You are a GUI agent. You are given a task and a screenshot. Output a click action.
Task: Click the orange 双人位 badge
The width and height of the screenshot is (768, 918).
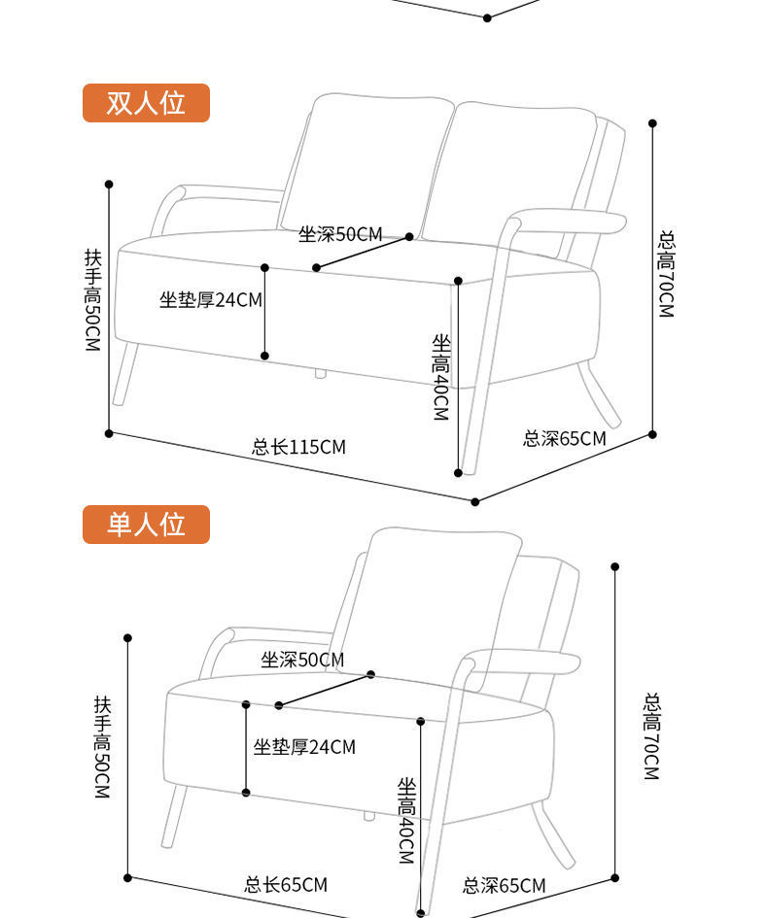pos(146,102)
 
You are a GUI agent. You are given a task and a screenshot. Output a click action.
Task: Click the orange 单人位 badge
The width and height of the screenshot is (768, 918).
pos(146,525)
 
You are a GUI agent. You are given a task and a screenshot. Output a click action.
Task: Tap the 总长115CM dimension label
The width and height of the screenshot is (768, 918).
pos(298,447)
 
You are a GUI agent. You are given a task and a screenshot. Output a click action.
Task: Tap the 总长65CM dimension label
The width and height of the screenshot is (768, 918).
pos(285,885)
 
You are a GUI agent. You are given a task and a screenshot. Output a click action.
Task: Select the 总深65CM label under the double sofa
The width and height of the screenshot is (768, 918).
pos(564,438)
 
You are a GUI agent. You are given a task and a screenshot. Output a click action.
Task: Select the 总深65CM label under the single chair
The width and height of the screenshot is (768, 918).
pos(504,886)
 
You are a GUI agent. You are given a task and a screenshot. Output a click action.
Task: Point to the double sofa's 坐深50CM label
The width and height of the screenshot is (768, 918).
pos(340,234)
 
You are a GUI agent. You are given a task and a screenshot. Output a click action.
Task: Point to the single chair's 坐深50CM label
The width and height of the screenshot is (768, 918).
pos(302,661)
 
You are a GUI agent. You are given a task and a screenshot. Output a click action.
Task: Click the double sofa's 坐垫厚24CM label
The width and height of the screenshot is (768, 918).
pos(211,299)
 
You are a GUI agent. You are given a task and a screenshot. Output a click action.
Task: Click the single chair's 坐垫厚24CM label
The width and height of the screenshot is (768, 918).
pos(304,747)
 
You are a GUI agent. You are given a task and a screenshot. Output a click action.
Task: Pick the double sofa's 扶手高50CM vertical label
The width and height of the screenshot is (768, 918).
pos(92,299)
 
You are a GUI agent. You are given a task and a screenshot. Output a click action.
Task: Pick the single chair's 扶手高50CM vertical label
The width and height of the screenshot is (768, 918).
pos(101,746)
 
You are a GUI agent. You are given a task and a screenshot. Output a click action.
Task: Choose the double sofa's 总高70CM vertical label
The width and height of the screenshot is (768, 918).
pos(666,274)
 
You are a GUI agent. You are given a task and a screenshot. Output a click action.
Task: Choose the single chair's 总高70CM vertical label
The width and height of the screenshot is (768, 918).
pos(651,735)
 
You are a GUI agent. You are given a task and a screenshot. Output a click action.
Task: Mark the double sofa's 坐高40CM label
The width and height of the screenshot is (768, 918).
pos(440,377)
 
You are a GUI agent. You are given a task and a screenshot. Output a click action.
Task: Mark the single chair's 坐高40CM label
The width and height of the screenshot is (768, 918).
pos(406,820)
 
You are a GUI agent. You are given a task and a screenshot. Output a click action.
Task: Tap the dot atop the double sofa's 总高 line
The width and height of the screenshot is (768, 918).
pos(652,123)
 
